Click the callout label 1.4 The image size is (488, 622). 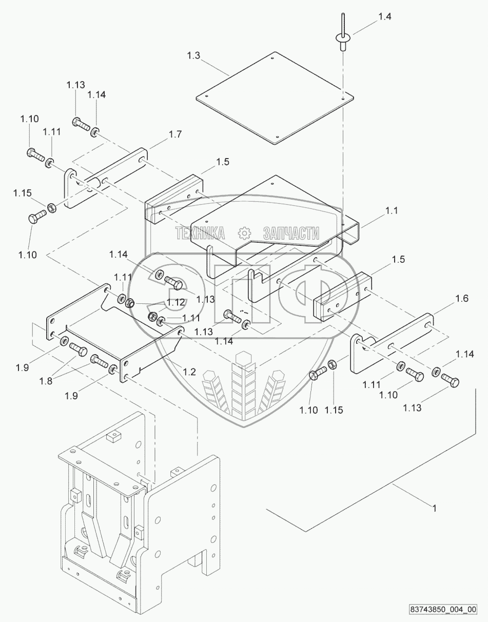(385, 16)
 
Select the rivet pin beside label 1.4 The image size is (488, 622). (342, 36)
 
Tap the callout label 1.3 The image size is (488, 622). (193, 55)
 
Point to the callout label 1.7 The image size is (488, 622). (175, 134)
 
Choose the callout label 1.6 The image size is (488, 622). (461, 298)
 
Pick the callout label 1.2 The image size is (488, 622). (189, 372)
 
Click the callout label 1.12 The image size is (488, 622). (176, 302)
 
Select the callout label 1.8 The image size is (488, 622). (46, 381)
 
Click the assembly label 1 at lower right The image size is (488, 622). (434, 509)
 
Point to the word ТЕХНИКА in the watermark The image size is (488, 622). (200, 233)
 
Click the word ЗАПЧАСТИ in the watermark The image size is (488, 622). (291, 233)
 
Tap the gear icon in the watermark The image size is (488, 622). (244, 233)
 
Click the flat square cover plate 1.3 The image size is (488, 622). (275, 98)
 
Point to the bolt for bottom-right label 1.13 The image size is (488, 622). (450, 380)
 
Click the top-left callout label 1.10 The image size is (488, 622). (29, 119)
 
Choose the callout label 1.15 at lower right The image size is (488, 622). (334, 410)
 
